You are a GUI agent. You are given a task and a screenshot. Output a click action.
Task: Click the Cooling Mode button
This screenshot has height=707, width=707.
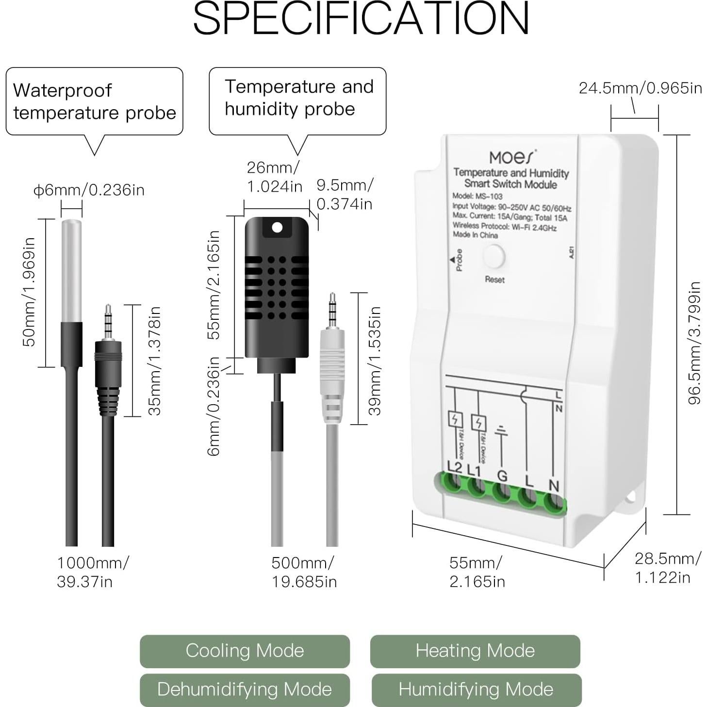click(245, 651)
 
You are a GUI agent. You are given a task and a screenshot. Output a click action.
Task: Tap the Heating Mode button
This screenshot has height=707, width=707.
click(475, 651)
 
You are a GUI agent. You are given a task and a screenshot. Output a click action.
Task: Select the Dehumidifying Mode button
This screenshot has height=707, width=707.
click(245, 690)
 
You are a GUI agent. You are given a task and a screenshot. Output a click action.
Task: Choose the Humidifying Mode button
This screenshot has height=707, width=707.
click(476, 690)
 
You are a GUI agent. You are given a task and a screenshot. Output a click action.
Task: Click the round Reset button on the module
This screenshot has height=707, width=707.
click(493, 257)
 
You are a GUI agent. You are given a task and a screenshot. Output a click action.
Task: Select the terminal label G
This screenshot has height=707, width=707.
click(502, 476)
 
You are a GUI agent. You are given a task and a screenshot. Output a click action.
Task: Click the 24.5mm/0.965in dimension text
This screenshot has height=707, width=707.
click(640, 88)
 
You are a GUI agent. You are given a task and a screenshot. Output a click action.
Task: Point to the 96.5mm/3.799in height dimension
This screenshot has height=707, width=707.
click(694, 343)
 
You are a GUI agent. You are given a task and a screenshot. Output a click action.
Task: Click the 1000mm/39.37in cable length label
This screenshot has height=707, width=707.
click(92, 572)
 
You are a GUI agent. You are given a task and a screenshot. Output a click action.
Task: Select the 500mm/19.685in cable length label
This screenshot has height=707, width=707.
click(303, 572)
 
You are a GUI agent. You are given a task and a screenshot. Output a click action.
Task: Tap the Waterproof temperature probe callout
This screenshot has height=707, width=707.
click(94, 101)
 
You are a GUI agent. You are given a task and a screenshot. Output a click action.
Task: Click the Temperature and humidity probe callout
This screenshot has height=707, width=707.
click(298, 99)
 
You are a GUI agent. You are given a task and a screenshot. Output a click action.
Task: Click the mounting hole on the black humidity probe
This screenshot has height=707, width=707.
click(277, 228)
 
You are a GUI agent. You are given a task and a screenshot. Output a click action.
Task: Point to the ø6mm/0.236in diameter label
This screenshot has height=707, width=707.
click(89, 190)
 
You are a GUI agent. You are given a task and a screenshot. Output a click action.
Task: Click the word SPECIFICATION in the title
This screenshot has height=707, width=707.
click(361, 18)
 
